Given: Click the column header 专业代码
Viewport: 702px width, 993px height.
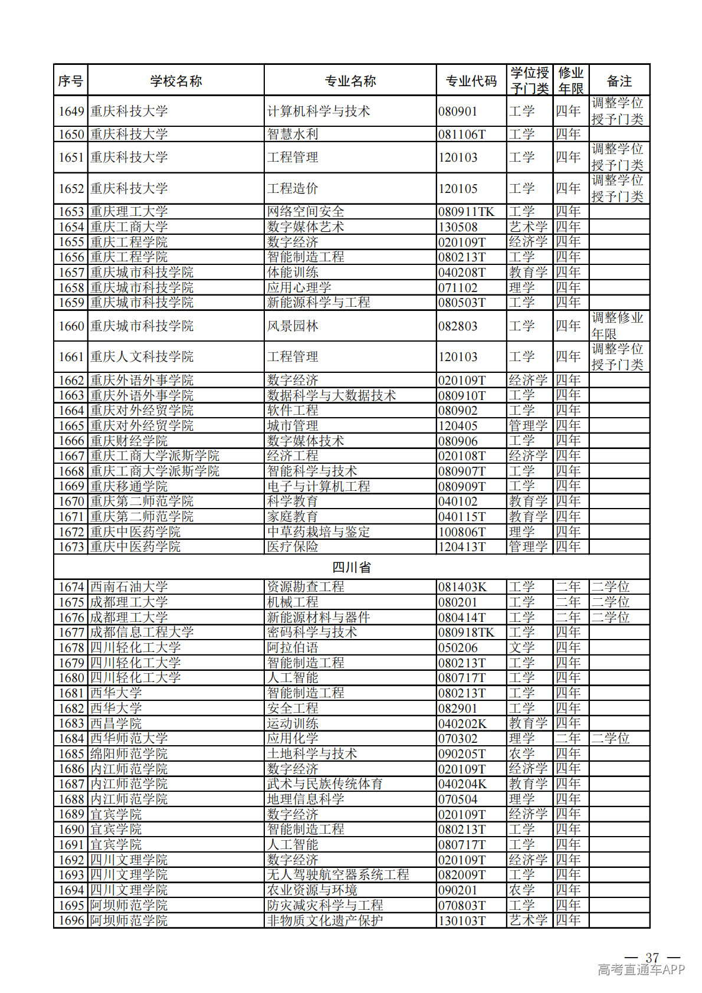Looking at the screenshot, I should point(471,81).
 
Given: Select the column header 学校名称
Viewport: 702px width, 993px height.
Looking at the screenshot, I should point(176,81).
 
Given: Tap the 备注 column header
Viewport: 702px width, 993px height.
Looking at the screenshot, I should point(619,81).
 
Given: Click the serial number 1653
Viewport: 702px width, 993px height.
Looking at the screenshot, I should point(71,212).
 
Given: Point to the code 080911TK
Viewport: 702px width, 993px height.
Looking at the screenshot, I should point(466,212).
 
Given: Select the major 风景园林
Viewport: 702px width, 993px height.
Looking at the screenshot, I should point(293,326).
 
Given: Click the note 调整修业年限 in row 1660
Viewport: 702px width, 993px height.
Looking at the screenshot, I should point(617,326).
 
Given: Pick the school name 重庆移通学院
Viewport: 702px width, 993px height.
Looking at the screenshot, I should point(129,486).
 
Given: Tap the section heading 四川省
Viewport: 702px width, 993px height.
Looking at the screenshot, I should point(352,568).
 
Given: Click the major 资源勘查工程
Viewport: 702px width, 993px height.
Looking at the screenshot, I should point(306,587).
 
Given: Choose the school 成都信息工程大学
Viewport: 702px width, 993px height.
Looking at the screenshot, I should point(142,632).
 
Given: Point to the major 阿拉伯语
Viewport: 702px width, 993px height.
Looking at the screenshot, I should point(293,648).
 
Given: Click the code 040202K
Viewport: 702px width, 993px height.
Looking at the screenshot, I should point(462,723).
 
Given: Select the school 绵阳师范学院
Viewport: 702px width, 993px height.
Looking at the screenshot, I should point(129,753).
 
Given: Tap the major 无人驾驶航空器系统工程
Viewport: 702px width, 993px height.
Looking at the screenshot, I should point(338,874).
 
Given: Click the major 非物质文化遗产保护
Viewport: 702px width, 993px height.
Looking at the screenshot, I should point(325,920).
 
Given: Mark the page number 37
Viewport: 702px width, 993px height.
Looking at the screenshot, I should point(652,957).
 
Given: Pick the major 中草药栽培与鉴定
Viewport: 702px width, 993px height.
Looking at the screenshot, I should point(319,532).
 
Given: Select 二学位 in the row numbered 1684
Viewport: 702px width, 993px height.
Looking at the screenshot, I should point(611,738).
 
